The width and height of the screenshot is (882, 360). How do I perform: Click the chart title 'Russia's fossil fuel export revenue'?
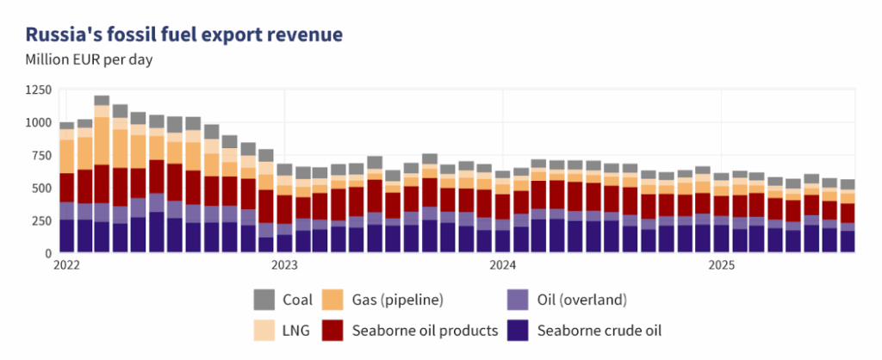(184, 35)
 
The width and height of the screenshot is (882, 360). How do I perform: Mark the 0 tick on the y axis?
(47, 253)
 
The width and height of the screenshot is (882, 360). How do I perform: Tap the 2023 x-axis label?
(284, 265)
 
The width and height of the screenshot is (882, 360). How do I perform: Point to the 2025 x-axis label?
(721, 265)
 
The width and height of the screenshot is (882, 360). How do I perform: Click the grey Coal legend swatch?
(264, 300)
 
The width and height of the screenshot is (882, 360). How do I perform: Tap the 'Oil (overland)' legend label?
(582, 300)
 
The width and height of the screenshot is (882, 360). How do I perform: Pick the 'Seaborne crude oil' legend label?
(599, 330)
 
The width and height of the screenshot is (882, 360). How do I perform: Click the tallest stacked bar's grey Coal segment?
(102, 101)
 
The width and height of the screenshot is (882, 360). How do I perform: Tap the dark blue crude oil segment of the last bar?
(848, 242)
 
